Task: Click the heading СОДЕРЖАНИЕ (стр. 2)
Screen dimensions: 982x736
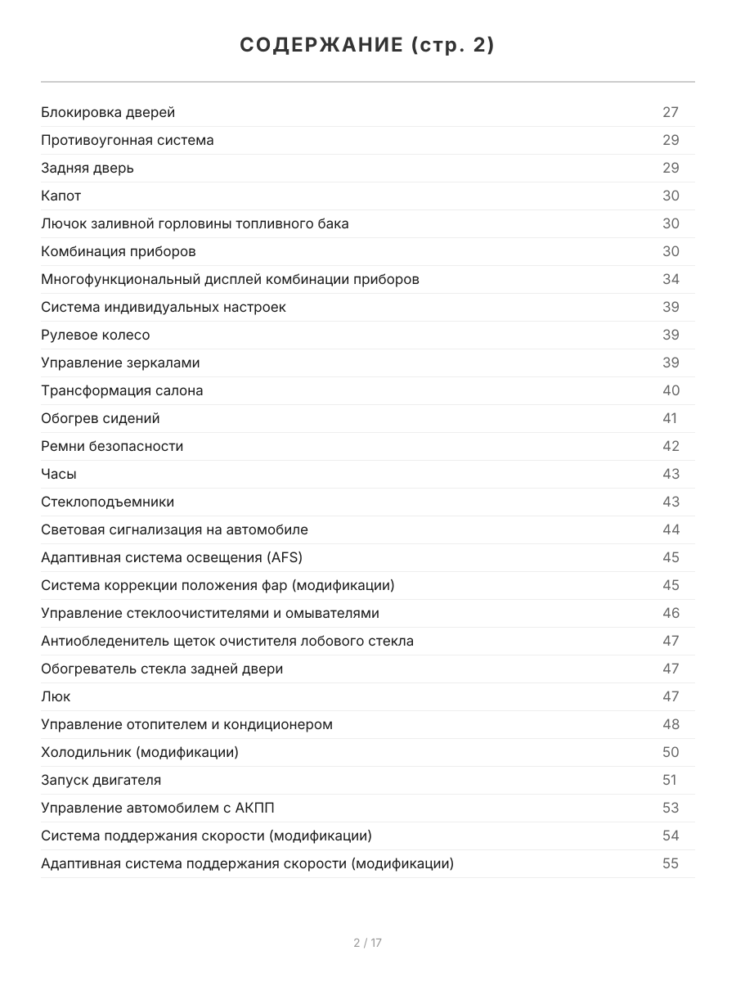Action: click(367, 46)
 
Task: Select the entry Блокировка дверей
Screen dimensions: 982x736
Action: click(108, 112)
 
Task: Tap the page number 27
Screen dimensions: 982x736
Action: click(671, 112)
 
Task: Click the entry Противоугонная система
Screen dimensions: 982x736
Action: click(128, 140)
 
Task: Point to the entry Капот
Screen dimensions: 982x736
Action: click(61, 196)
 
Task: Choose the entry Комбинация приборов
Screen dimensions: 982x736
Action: click(119, 251)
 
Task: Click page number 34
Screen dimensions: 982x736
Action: click(671, 279)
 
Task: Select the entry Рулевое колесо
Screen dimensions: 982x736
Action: click(96, 335)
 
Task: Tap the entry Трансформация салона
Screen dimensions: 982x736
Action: click(122, 390)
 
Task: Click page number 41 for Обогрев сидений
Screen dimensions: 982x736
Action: click(670, 418)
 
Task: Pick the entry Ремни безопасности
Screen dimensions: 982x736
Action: click(112, 446)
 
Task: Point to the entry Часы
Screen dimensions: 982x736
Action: click(59, 474)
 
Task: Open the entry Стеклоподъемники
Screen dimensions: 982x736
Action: click(107, 502)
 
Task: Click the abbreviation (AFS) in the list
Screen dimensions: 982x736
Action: click(284, 557)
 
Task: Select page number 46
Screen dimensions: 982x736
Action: click(671, 613)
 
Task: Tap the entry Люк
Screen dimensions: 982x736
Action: click(56, 696)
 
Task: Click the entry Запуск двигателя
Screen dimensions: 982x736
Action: click(101, 780)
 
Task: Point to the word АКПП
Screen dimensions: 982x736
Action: click(254, 808)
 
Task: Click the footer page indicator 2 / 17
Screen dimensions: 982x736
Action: click(367, 943)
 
